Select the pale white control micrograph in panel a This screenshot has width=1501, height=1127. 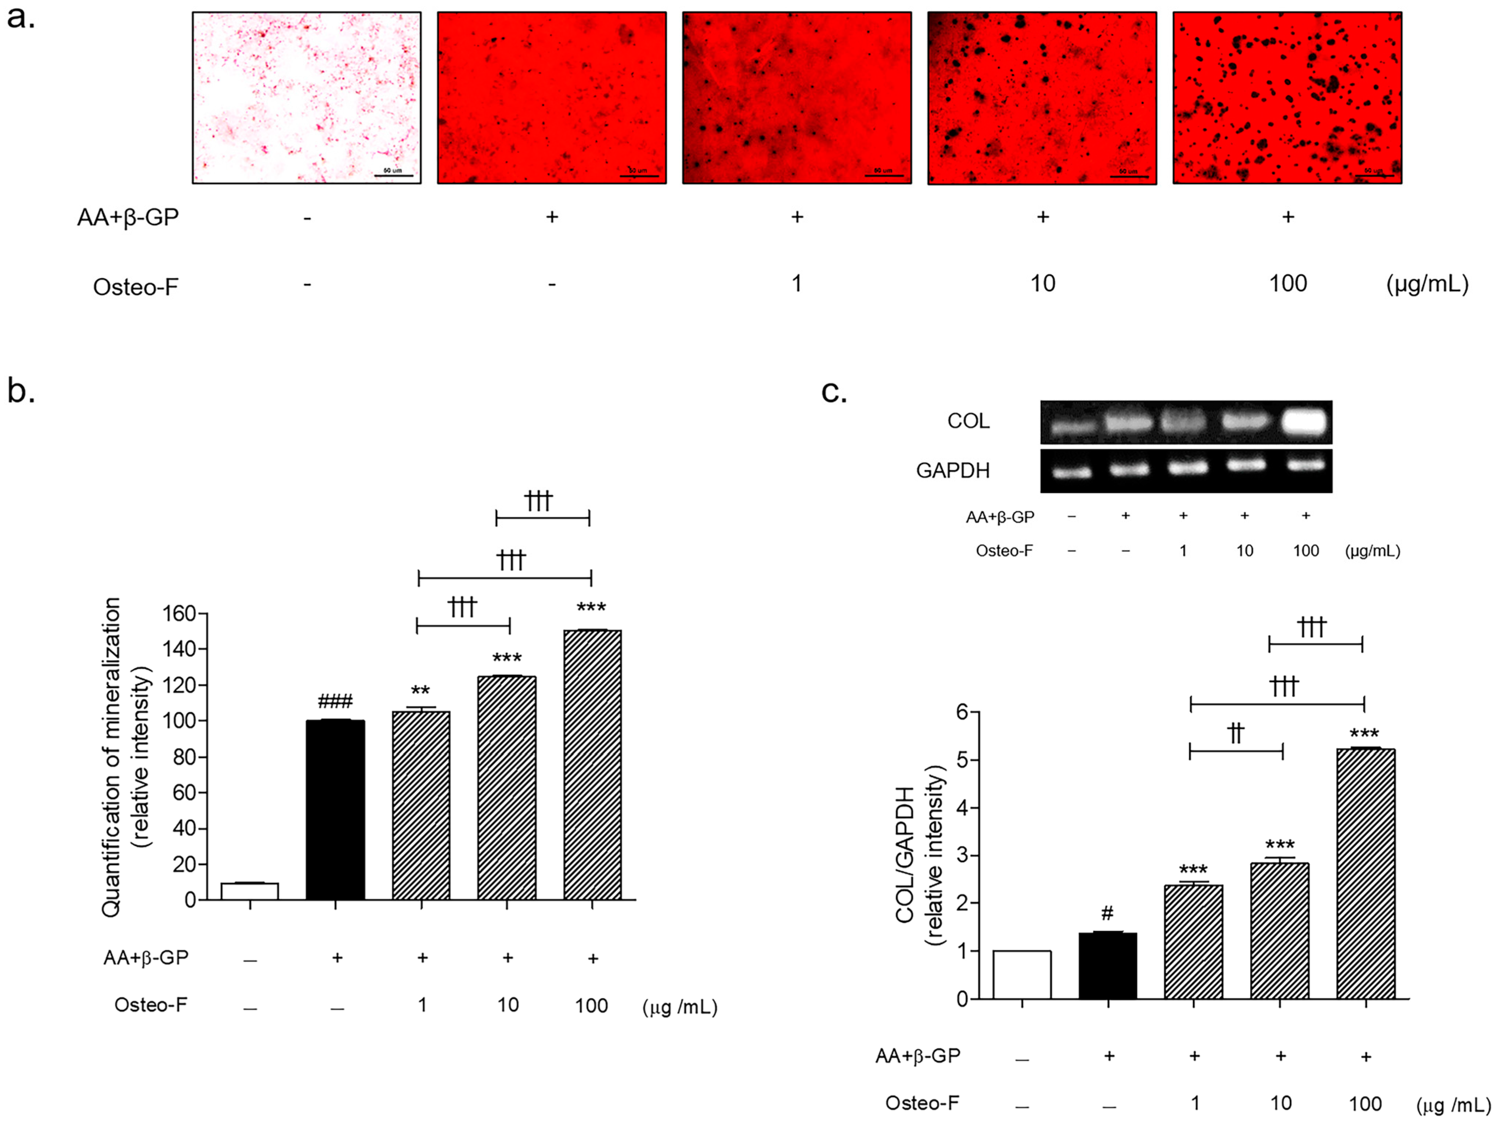tap(307, 98)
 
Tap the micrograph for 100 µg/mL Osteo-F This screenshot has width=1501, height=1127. tap(1287, 98)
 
